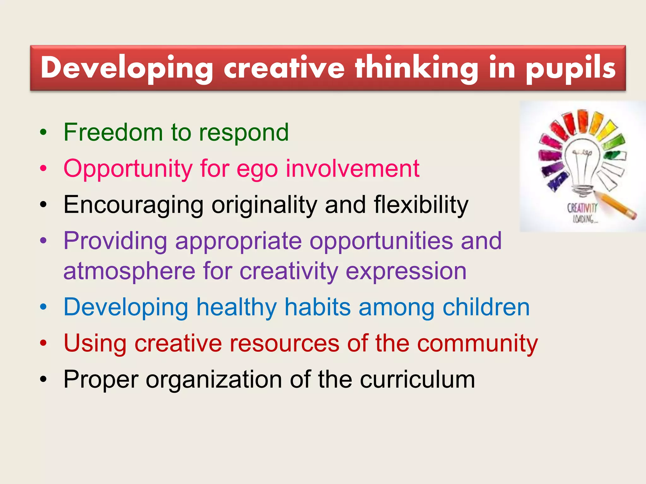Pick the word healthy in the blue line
click(x=237, y=308)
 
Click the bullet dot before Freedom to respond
click(x=43, y=133)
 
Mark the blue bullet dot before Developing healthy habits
click(x=43, y=307)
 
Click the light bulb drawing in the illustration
click(x=582, y=164)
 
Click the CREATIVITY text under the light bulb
click(x=582, y=208)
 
